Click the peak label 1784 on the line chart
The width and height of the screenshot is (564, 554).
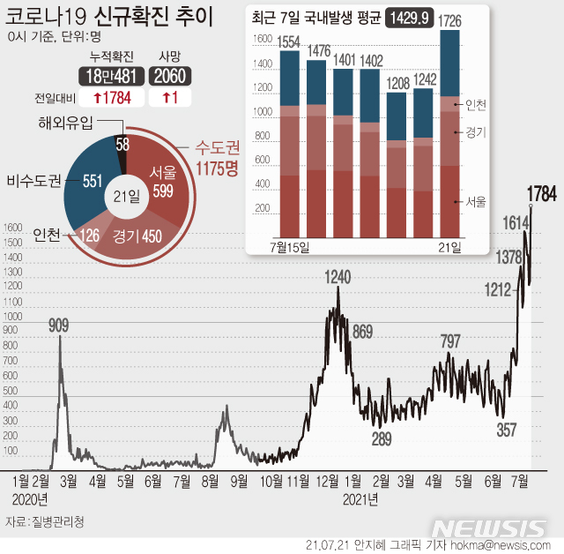pyautogui.click(x=541, y=195)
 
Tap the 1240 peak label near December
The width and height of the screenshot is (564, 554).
pyautogui.click(x=338, y=277)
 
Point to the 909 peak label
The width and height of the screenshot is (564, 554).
pyautogui.click(x=59, y=326)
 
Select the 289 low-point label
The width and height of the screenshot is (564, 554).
pyautogui.click(x=382, y=438)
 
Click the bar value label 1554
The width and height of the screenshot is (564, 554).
pyautogui.click(x=288, y=42)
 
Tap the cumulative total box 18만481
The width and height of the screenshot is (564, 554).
pyautogui.click(x=109, y=77)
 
